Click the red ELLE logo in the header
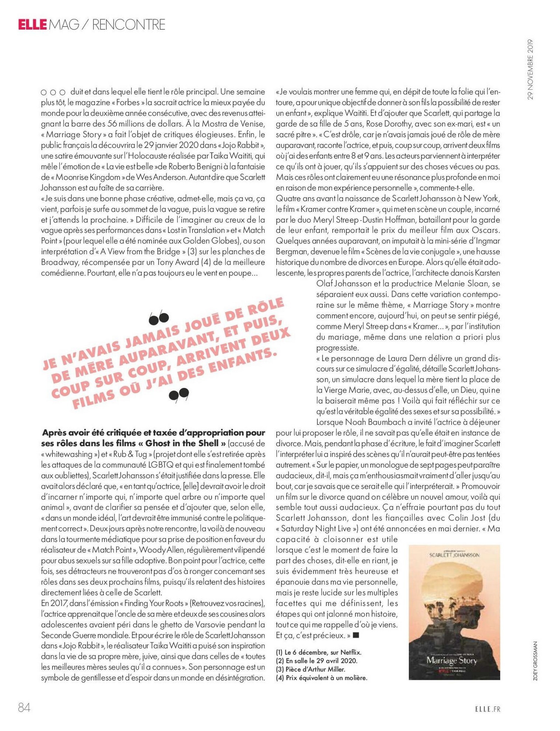(32, 24)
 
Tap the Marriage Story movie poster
(454, 612)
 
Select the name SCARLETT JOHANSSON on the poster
(454, 555)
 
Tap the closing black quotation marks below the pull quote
(179, 394)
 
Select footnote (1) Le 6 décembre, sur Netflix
(318, 652)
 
